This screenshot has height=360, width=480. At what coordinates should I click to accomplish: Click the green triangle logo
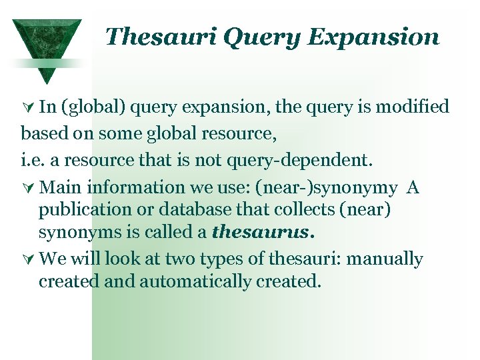[x=47, y=44]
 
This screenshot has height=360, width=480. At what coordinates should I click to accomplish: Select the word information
[x=119, y=188]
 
